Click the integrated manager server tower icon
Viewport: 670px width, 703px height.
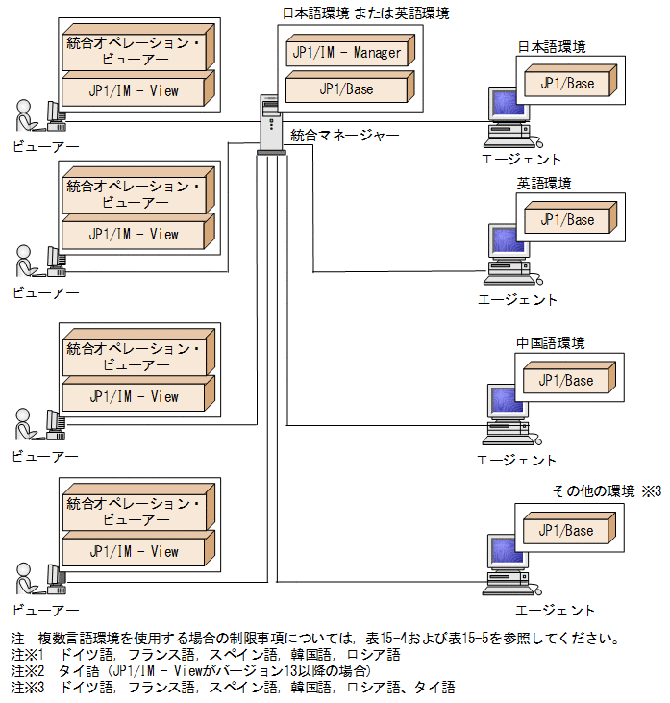click(x=271, y=123)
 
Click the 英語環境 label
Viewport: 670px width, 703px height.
click(x=543, y=184)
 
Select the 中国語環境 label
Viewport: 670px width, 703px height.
click(x=550, y=343)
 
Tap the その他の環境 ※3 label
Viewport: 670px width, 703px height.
click(x=607, y=491)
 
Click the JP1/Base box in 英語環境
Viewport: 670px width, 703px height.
click(x=566, y=220)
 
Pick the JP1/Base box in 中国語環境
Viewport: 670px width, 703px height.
click(x=566, y=381)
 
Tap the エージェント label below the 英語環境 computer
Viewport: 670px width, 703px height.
click(x=517, y=300)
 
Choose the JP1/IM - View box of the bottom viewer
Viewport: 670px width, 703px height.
click(x=134, y=553)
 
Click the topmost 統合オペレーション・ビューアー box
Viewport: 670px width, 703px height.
click(x=134, y=52)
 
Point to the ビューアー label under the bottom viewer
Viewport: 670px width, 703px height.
click(x=45, y=610)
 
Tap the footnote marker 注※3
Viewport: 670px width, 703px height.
click(x=29, y=688)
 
